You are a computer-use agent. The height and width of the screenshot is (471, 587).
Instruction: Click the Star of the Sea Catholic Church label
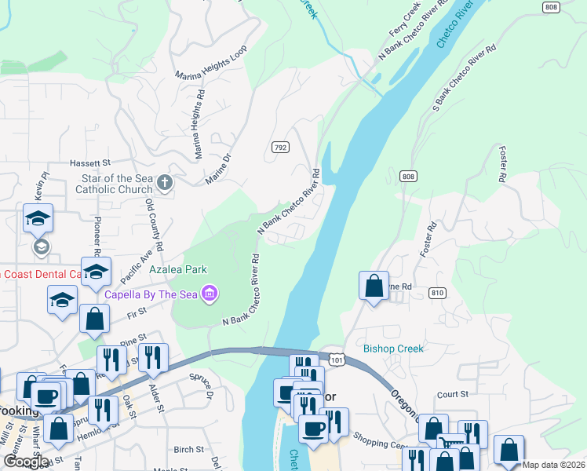click(112, 184)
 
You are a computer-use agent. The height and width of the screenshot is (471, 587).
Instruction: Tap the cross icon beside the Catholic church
click(164, 183)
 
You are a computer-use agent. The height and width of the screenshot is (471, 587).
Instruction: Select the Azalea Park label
click(179, 269)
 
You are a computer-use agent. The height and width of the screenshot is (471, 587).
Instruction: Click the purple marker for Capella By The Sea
click(210, 295)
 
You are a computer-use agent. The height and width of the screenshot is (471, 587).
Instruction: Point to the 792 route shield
click(279, 148)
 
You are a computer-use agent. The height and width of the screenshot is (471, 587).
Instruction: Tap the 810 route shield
click(438, 293)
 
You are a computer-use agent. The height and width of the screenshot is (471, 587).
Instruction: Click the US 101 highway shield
click(335, 359)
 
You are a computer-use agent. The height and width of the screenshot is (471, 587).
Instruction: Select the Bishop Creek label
click(393, 349)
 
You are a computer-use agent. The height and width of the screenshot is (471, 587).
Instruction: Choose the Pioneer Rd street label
click(98, 235)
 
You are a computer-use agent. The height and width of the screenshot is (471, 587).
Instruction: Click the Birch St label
click(188, 450)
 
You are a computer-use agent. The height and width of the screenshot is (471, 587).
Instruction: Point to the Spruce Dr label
click(202, 387)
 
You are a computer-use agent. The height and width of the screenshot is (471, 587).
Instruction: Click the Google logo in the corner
click(25, 462)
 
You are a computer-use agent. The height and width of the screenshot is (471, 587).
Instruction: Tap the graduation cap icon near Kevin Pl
click(38, 219)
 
